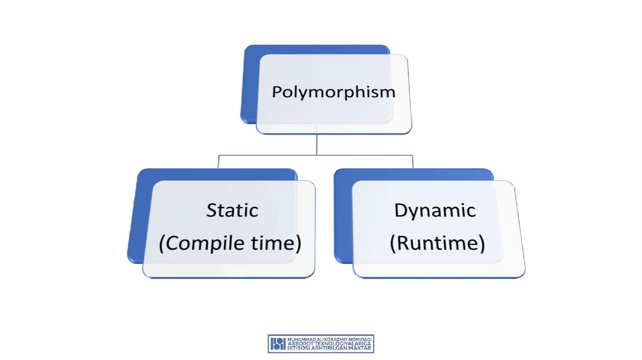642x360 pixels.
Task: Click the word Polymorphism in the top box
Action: pos(334,92)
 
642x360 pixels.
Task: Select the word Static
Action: pos(232,210)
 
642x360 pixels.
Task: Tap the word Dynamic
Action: pos(434,211)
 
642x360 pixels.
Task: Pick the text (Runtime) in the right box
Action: pos(437,243)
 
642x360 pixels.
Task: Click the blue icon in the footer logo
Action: pos(278,343)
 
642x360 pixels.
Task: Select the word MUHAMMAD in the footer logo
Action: pos(298,339)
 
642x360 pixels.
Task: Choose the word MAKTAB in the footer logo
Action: pos(359,347)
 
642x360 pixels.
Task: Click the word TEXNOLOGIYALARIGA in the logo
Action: pos(343,343)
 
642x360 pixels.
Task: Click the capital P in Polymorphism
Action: pos(277,92)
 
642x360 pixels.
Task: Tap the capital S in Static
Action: pos(212,210)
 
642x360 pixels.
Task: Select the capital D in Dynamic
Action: pos(400,210)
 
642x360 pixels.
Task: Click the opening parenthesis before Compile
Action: pos(162,243)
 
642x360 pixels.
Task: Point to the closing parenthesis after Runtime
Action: pos(482,243)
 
